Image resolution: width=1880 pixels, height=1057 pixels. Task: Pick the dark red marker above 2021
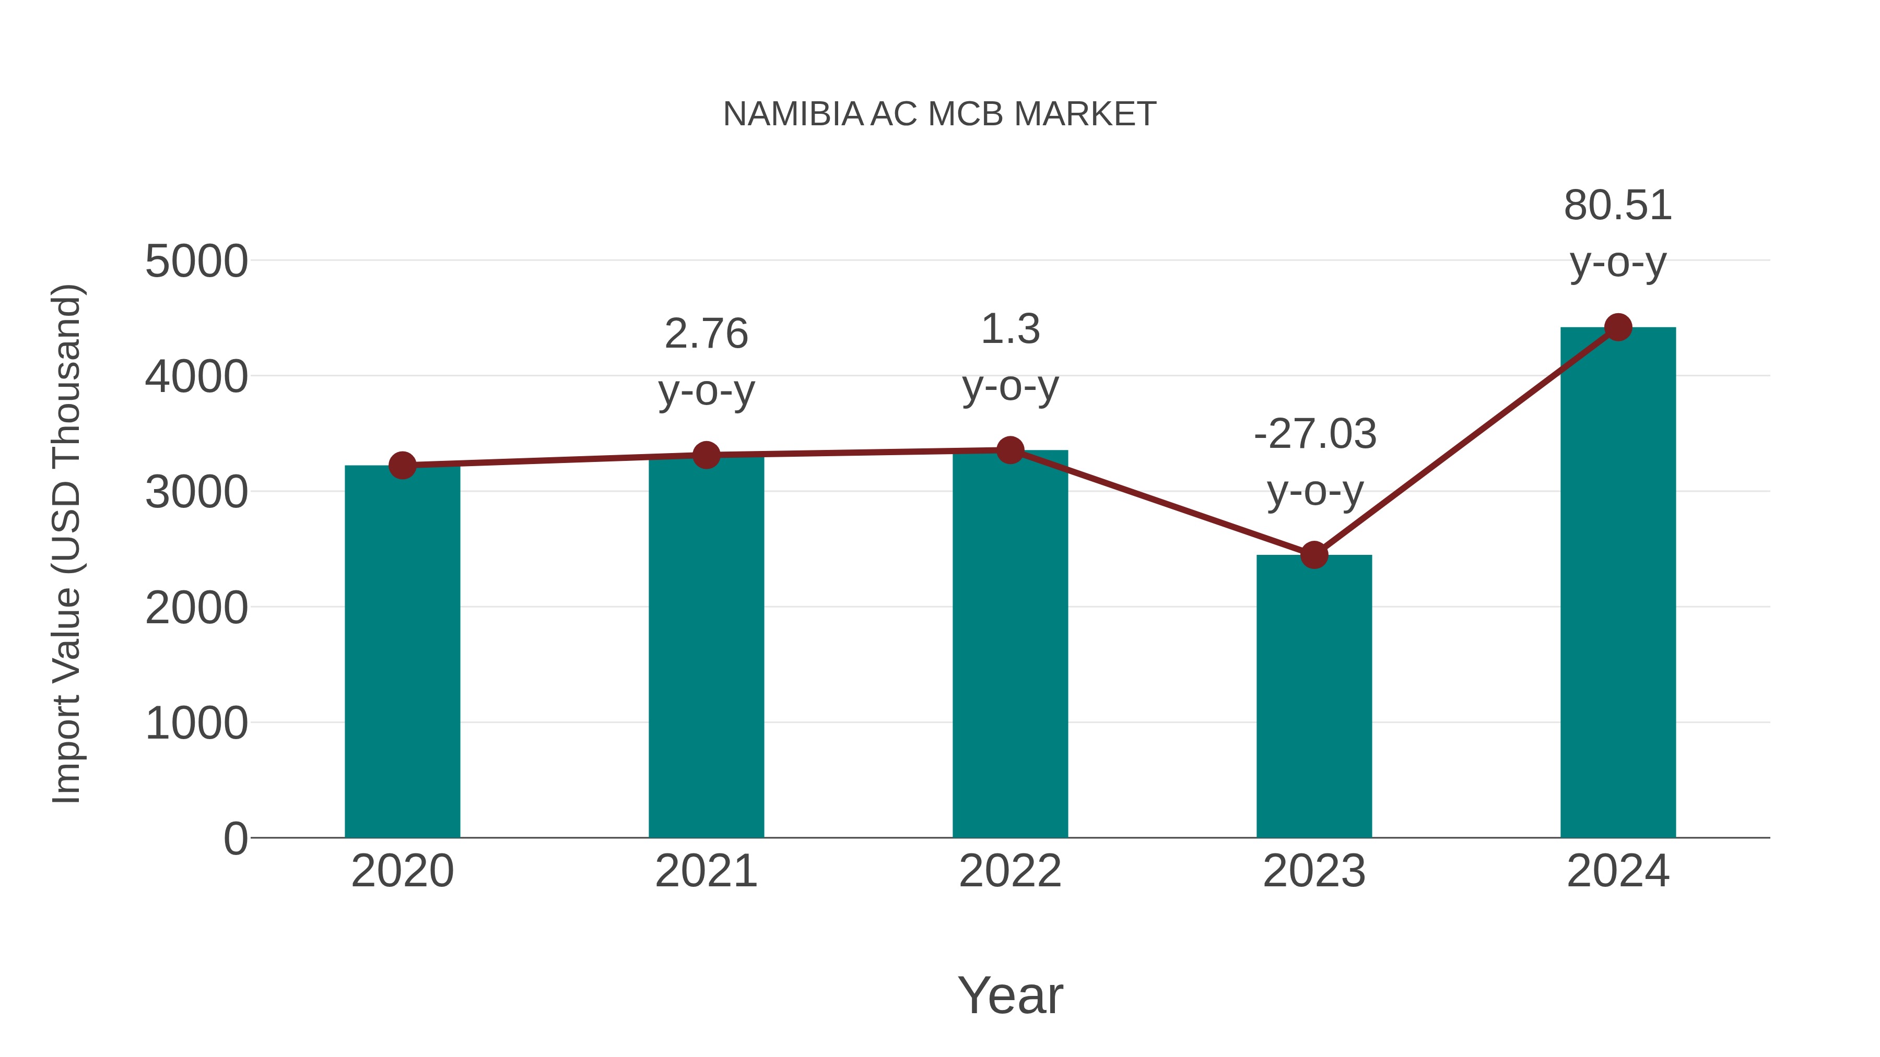tap(706, 455)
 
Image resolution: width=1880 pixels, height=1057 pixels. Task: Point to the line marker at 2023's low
tap(1314, 555)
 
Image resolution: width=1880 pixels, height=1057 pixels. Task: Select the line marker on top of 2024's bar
tap(1618, 327)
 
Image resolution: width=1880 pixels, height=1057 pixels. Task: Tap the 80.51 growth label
tap(1617, 206)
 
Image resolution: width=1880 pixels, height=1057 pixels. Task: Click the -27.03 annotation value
tap(1314, 434)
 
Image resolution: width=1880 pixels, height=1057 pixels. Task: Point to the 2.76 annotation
tap(706, 334)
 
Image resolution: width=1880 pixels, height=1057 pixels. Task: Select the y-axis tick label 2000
tap(196, 608)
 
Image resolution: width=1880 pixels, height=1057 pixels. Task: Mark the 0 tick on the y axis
tap(235, 838)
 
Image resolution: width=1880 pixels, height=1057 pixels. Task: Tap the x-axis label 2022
tap(1010, 871)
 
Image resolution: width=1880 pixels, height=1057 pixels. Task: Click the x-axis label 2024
tap(1618, 871)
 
